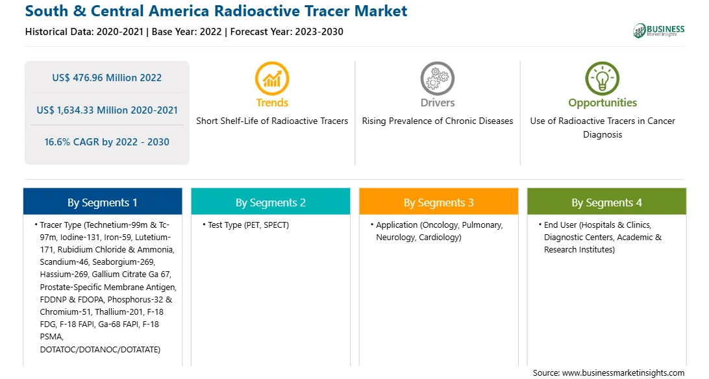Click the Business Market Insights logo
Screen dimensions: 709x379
[x=658, y=31]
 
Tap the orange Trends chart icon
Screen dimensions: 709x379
[x=272, y=79]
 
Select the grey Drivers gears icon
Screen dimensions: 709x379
[x=437, y=79]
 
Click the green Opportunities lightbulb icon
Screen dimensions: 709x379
[x=603, y=79]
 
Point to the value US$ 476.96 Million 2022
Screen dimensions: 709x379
[x=106, y=78]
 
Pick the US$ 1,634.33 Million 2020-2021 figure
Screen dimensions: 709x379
[x=107, y=110]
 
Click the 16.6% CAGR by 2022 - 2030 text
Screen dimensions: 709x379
[x=106, y=142]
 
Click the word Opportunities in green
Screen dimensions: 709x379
[x=603, y=103]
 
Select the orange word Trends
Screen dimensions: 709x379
[x=272, y=103]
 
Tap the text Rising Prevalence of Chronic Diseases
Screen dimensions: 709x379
[x=437, y=121]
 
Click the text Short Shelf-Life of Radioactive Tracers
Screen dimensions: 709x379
[x=272, y=121]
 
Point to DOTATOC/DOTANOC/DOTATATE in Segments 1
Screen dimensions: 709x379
[x=100, y=349]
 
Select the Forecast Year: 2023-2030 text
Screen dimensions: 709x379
[x=287, y=32]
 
